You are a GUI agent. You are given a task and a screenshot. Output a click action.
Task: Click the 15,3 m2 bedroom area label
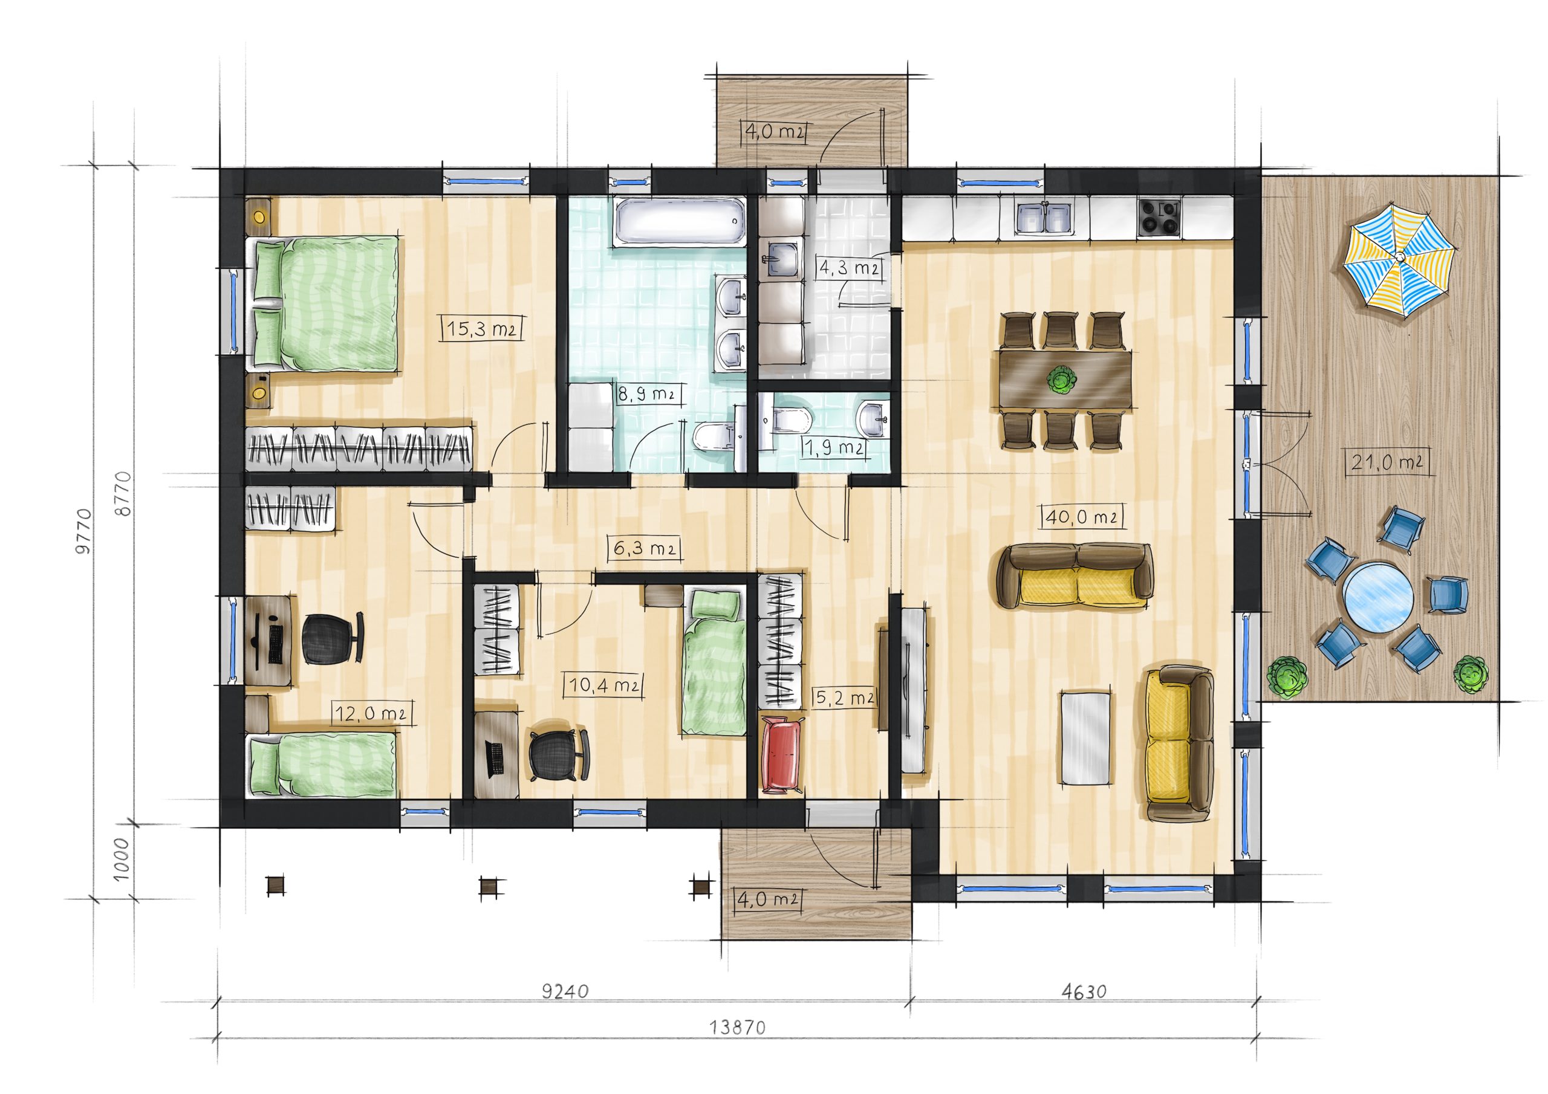coord(482,328)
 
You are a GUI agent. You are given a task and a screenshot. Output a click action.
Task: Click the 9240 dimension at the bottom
coord(565,991)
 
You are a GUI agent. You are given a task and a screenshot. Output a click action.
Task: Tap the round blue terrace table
coord(1377,598)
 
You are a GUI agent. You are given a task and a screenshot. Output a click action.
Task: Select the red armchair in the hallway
coord(782,755)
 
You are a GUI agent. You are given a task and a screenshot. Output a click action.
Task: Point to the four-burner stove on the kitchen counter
coord(1159,217)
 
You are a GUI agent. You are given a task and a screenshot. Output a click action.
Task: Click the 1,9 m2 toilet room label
coord(834,446)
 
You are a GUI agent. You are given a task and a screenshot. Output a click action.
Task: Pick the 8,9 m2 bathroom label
coord(646,393)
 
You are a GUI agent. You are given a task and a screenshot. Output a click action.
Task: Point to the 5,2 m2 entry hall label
coord(845,698)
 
